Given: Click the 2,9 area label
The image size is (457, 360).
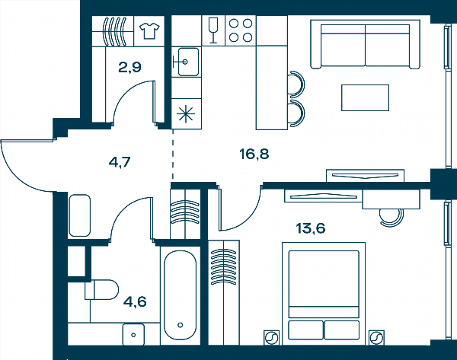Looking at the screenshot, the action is coord(129,67).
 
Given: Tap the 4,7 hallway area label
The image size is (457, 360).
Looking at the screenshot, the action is coord(120,162).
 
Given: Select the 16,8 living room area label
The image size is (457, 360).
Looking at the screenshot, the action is coord(254,154).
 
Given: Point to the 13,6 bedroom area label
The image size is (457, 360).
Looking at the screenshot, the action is coord(311,228).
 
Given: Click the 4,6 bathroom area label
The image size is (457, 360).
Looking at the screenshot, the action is coord(135,301).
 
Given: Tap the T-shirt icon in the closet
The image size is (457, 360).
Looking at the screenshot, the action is coord(149,31).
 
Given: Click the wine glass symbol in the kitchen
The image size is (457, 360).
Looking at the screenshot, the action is coord(213,30).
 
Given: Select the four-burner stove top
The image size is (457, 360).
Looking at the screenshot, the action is coord(241,30).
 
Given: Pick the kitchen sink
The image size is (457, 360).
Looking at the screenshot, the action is coord(186,62).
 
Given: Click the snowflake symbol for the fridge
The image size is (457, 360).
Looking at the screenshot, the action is coord(186,114).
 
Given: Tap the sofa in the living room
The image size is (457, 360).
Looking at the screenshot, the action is coord(365,44).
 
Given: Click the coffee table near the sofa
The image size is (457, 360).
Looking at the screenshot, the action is coord(365,97).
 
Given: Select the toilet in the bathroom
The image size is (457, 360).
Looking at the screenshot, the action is coord(102,290).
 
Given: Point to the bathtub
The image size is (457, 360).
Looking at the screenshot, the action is coord(180,295).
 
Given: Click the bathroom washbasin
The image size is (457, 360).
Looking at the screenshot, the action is coord(133,335).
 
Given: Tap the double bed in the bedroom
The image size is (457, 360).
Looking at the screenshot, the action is coord(324,294).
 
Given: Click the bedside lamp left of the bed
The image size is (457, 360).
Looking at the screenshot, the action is coord(271,338).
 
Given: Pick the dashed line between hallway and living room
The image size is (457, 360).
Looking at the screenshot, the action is coord(173,154).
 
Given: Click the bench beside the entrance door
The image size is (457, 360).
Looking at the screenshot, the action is coord(79,215).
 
